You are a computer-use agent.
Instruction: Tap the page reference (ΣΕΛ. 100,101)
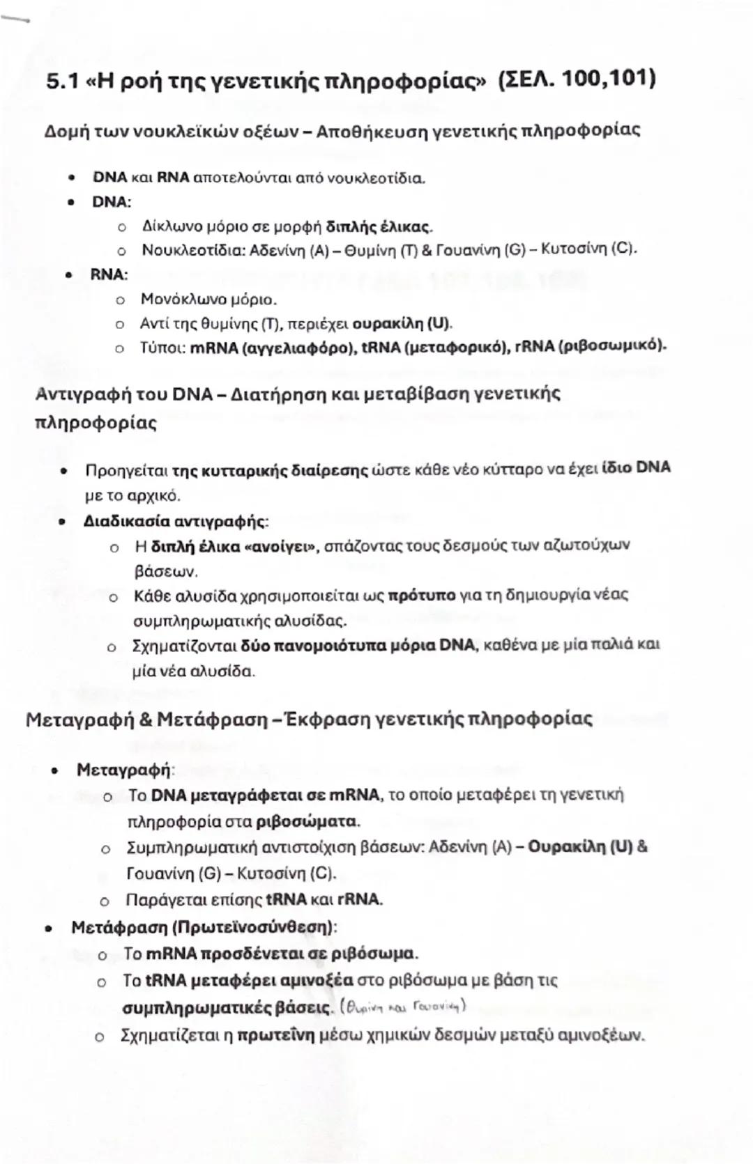point(577,79)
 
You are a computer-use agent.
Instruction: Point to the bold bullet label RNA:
point(109,274)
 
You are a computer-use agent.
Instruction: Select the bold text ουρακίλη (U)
point(402,324)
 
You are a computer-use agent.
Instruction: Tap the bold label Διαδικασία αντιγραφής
point(174,521)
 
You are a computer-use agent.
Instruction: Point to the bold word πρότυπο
point(421,596)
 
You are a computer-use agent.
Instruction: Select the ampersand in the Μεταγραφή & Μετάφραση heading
point(146,719)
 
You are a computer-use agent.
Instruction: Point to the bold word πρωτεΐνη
point(276,1035)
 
